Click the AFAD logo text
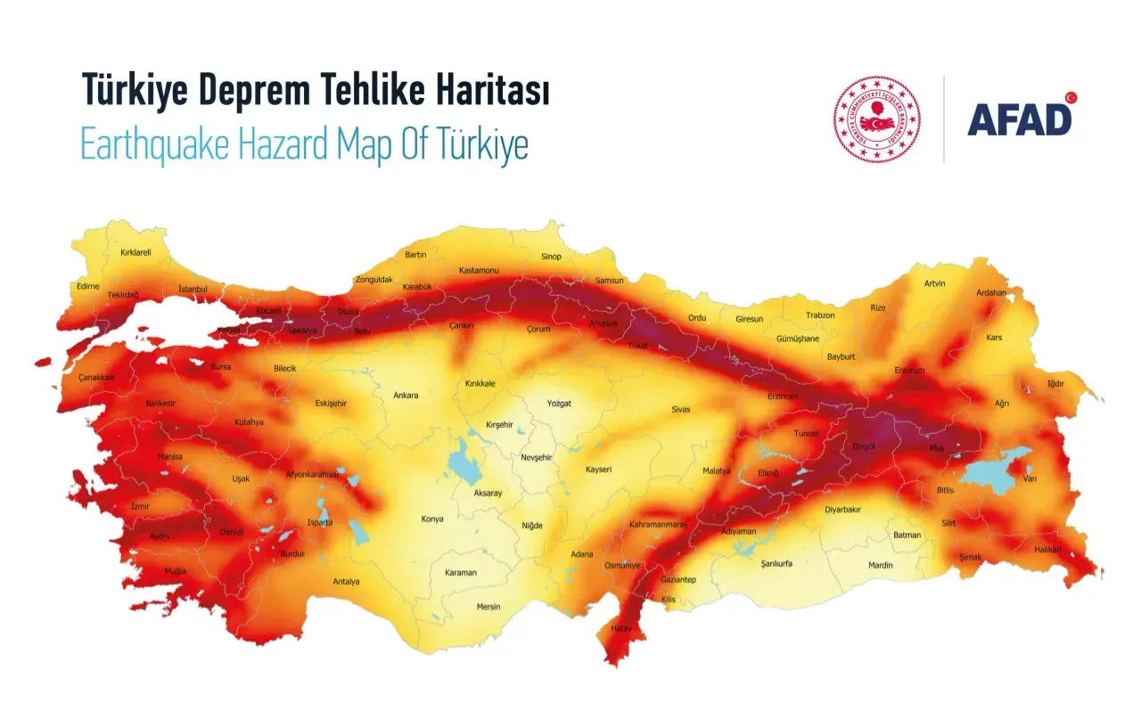coord(1020,119)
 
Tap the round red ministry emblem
coord(876,119)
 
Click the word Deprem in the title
coord(278,91)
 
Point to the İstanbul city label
coord(193,289)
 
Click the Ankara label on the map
coord(406,395)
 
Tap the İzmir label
coord(140,506)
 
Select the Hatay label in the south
coord(620,628)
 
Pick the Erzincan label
coord(783,396)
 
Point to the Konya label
coord(432,519)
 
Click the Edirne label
coord(88,286)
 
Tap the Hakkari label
coord(1047,549)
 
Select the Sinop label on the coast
coord(552,257)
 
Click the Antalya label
coord(346,581)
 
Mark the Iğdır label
coord(1055,384)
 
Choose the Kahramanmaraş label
coord(658,524)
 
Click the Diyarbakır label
coord(842,510)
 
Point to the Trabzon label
coord(820,315)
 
